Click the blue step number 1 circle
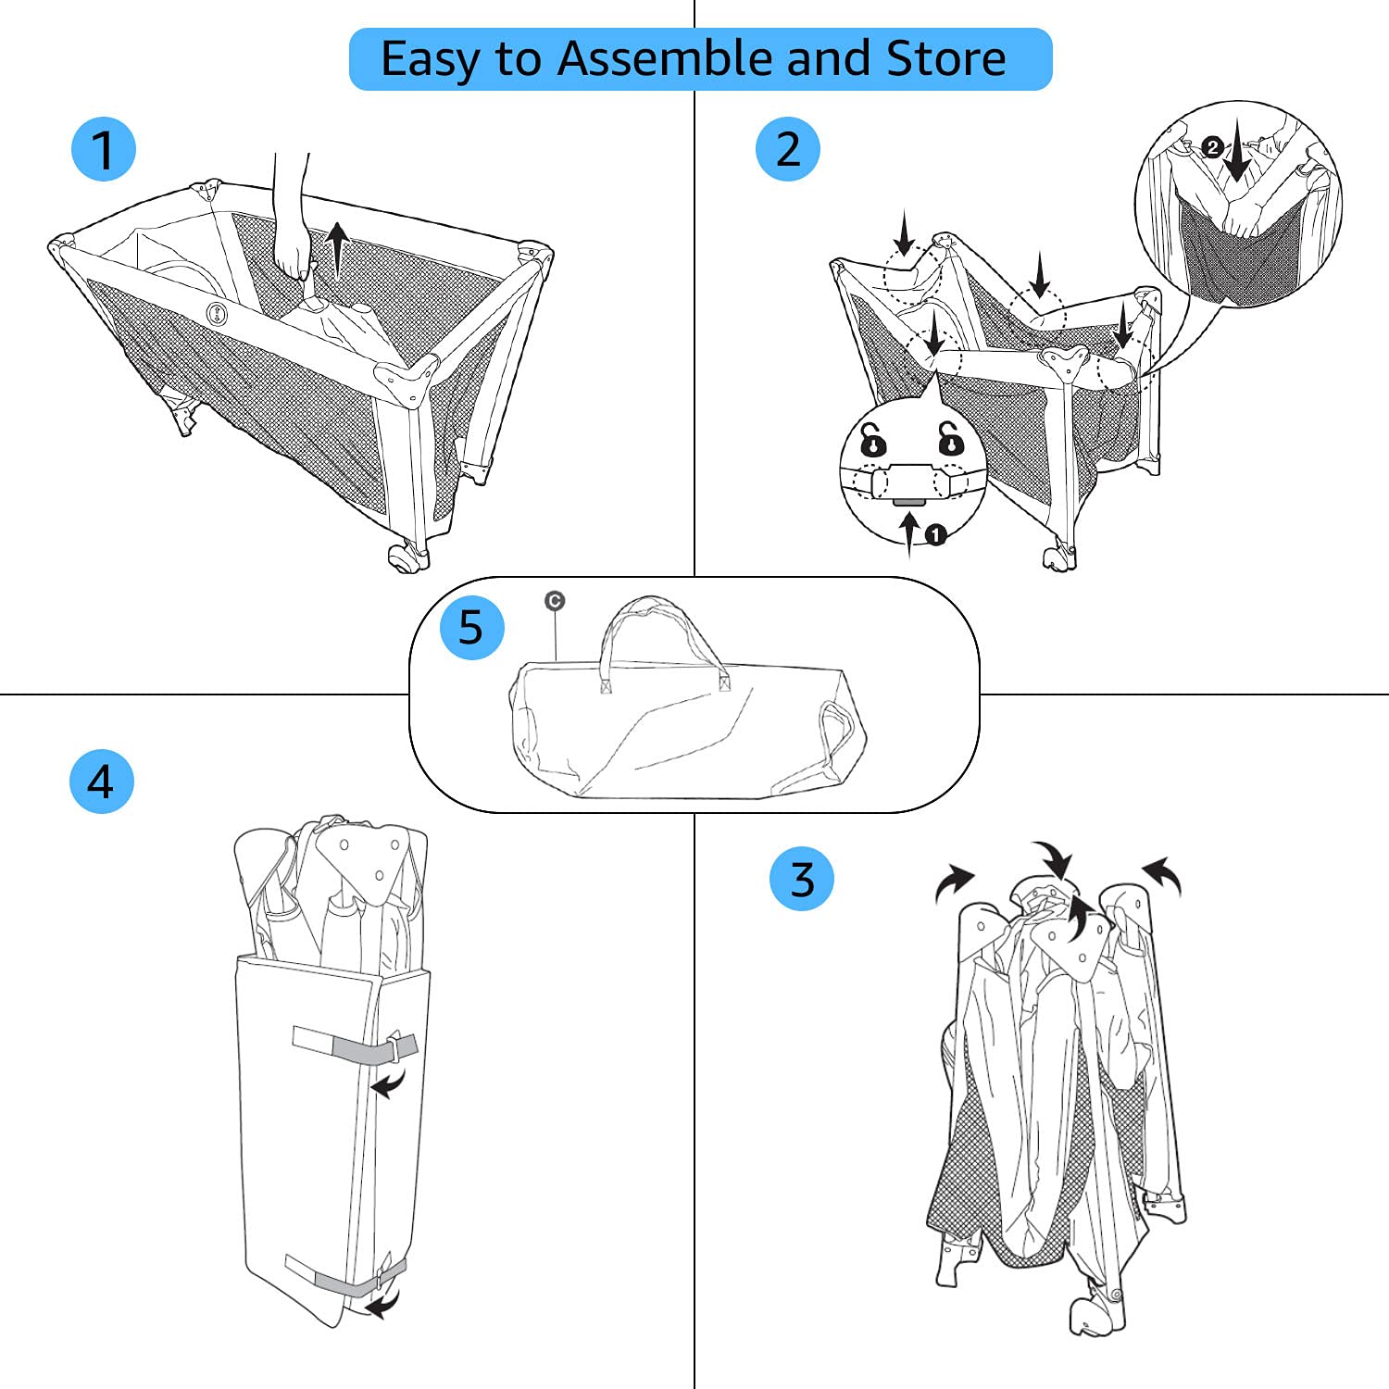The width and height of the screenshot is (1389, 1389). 104,149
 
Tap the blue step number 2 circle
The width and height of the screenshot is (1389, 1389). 788,148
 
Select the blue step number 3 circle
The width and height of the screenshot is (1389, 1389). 802,878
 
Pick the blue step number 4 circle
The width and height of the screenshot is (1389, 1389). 102,782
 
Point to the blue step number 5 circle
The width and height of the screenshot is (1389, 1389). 471,627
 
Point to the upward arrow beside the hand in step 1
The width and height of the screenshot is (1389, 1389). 339,250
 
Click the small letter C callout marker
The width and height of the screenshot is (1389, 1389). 555,601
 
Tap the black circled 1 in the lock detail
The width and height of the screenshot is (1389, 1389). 936,534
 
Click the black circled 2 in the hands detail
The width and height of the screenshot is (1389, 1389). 1213,146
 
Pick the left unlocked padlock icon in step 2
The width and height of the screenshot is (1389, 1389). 872,440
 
